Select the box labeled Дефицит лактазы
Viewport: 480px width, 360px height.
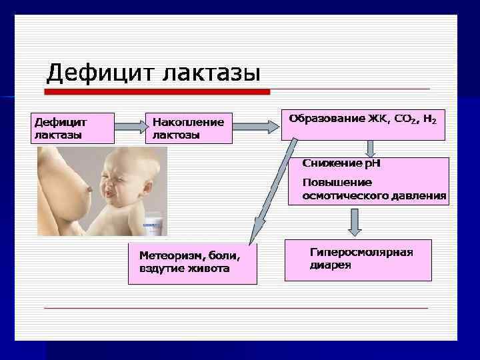pos(73,127)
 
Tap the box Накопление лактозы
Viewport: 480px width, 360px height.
pos(189,128)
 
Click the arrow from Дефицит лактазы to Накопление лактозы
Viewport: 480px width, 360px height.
pos(130,126)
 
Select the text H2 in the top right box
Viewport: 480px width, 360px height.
pos(430,120)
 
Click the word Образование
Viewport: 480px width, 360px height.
pos(327,119)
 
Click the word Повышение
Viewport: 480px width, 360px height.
pos(337,182)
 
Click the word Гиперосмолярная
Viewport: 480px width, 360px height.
pos(361,252)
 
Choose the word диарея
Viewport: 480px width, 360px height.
pos(330,265)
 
